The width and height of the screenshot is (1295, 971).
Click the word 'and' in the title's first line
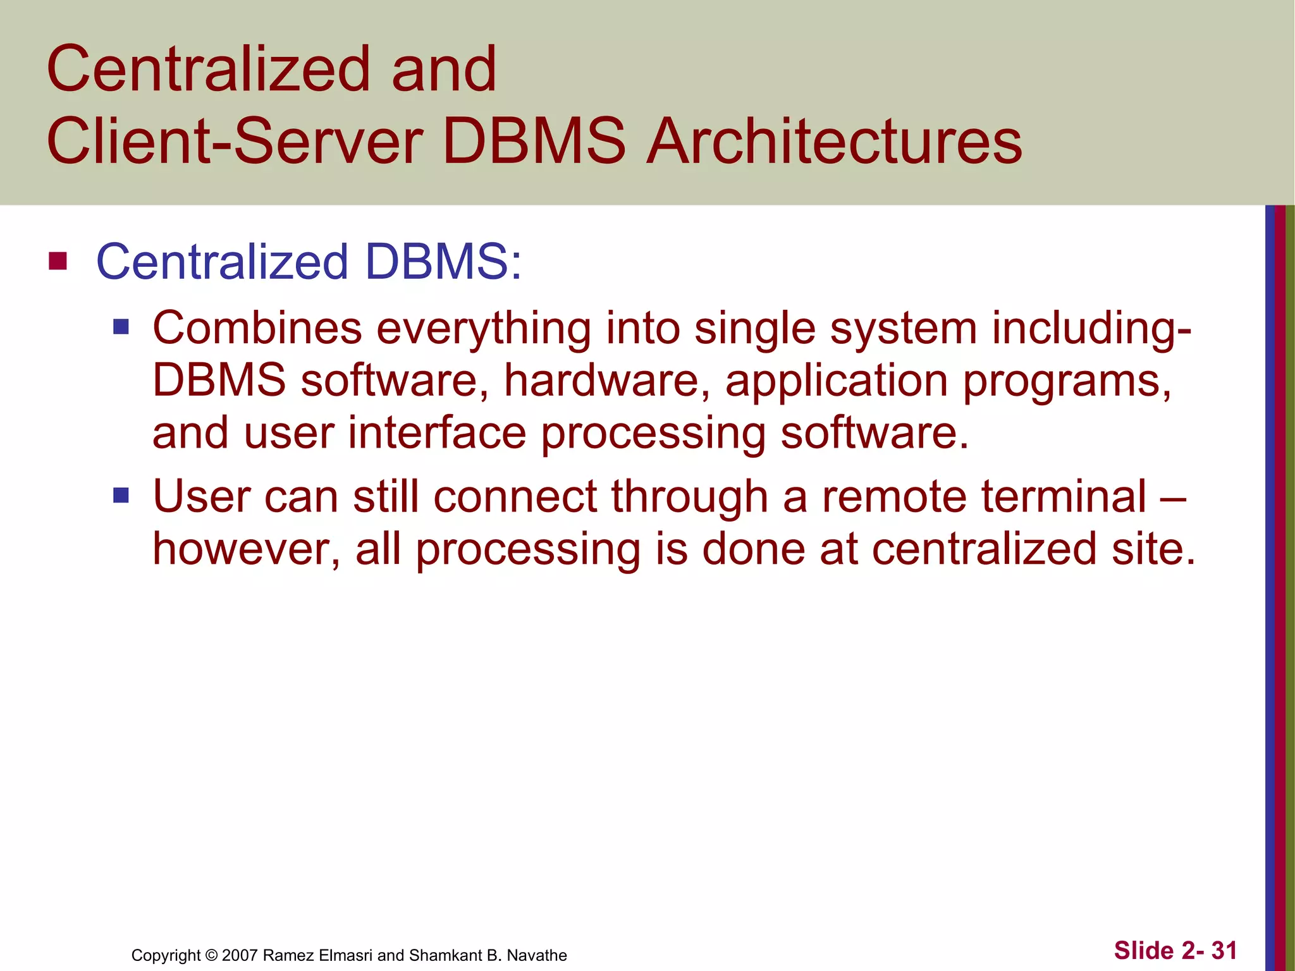click(x=444, y=69)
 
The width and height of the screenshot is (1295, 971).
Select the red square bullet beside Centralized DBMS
click(x=58, y=261)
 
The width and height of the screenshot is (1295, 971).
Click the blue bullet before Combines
click(x=121, y=327)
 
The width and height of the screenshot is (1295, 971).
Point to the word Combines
click(x=257, y=328)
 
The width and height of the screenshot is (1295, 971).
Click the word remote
click(x=894, y=496)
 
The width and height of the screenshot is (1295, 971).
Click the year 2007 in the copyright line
click(x=240, y=955)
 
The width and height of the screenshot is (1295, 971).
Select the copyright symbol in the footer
click(x=211, y=955)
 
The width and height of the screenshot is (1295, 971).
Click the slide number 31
click(x=1224, y=950)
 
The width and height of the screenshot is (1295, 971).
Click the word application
click(x=836, y=382)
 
